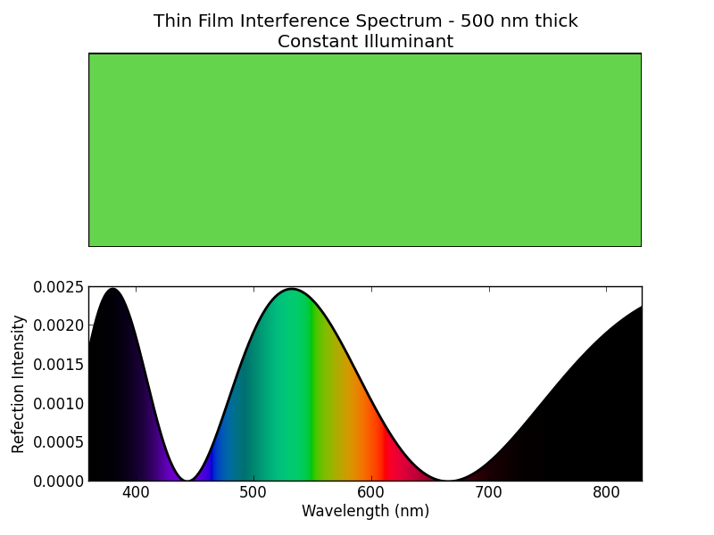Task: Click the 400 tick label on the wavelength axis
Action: click(136, 492)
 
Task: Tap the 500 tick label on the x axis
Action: click(253, 492)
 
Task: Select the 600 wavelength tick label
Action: click(371, 492)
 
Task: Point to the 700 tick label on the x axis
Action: click(488, 492)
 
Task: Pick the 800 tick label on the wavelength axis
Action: click(606, 492)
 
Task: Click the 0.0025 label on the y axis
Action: click(59, 287)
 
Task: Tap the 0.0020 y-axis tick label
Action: click(59, 325)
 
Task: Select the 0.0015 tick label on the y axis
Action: click(59, 365)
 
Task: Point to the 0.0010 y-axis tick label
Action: click(59, 403)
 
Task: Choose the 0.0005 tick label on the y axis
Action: click(59, 442)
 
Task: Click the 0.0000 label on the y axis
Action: click(59, 481)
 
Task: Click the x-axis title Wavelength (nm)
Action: click(365, 512)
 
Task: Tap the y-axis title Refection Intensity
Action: click(19, 383)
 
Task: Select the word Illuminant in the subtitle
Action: click(411, 42)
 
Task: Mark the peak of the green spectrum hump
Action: click(292, 289)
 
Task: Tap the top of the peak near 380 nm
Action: click(112, 289)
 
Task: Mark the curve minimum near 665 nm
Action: click(447, 480)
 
